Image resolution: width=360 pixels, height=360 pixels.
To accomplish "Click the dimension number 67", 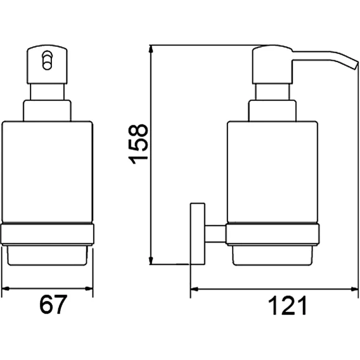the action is click(53, 304).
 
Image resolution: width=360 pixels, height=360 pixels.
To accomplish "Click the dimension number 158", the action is click(138, 144).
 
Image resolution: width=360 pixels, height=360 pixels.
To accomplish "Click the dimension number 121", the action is click(287, 305).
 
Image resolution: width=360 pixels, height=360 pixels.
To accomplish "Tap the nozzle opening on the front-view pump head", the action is click(48, 60).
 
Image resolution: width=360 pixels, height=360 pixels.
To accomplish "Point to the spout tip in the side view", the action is click(355, 65).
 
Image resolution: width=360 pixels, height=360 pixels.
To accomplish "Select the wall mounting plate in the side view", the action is click(197, 233).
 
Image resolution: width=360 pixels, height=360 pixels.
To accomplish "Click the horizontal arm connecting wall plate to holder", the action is click(215, 234).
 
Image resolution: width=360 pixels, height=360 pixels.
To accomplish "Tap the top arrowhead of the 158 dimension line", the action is click(151, 49).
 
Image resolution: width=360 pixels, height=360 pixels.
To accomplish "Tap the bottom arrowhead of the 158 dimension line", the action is click(151, 260).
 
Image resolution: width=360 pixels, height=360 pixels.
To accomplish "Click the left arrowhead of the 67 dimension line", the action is click(5, 288).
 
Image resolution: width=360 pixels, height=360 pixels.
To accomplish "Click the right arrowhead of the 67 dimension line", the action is click(89, 288).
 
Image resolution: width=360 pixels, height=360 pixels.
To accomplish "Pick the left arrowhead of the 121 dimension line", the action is click(194, 289).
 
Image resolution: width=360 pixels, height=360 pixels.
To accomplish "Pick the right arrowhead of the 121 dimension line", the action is click(354, 289).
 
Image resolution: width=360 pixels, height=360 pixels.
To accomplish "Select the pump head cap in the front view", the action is click(48, 65).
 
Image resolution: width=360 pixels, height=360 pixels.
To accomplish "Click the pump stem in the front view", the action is click(48, 92).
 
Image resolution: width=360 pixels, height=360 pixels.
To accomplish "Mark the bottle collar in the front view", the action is click(48, 110).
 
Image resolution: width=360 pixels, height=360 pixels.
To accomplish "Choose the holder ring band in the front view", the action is click(48, 234).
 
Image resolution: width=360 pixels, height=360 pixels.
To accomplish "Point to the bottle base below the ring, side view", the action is click(273, 255).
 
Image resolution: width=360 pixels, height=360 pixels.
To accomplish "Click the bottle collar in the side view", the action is click(273, 110).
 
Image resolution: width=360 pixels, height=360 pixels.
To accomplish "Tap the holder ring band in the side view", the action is click(273, 234).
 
